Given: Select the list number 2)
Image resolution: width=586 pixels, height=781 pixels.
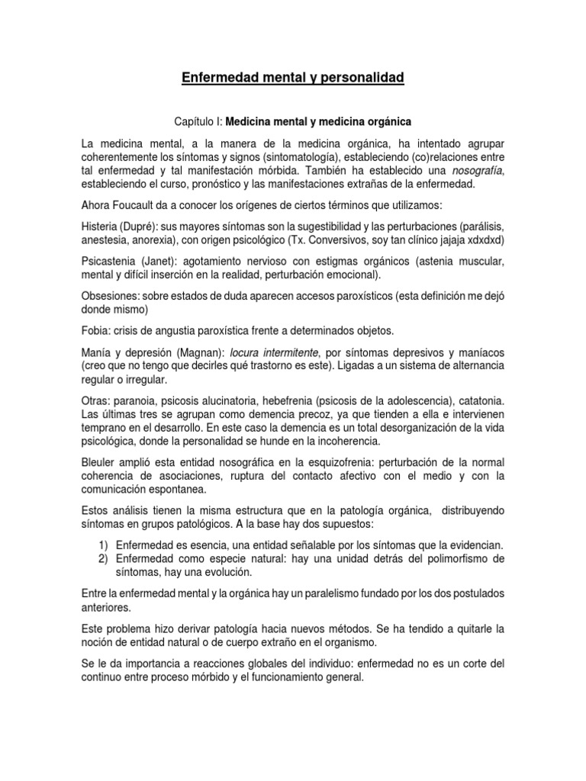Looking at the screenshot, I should [x=104, y=559].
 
